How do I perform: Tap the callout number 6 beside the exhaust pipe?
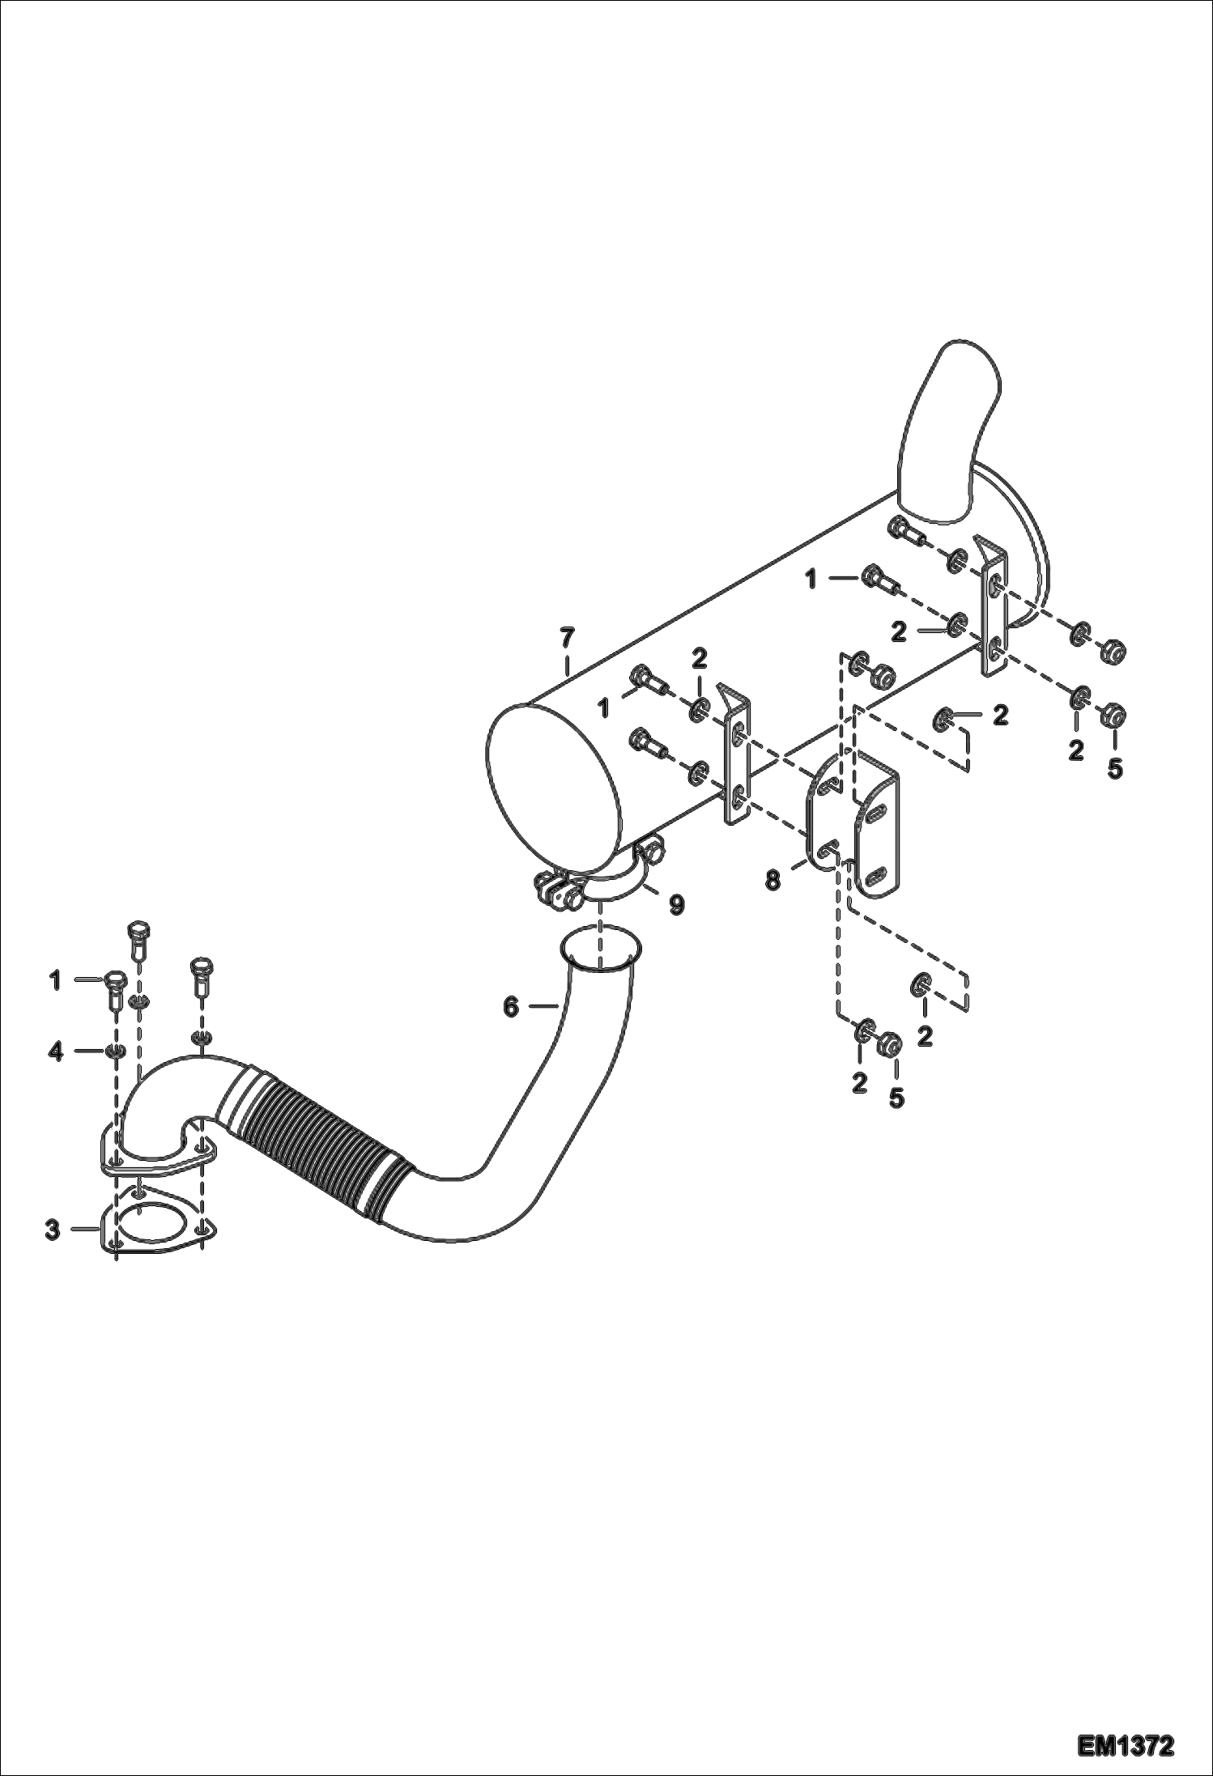510,1007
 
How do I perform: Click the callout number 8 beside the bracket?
773,879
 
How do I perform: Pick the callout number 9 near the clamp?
675,903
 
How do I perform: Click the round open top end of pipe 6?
601,949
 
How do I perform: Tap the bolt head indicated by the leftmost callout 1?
113,980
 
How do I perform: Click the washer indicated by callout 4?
115,1052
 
